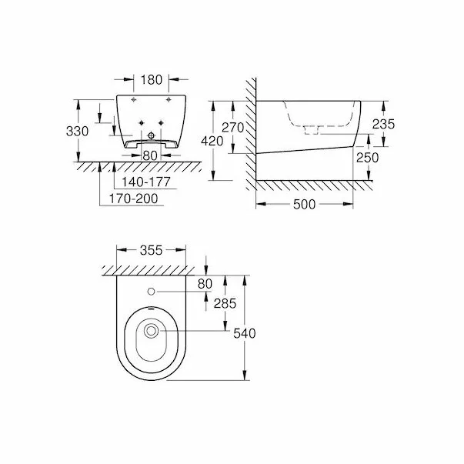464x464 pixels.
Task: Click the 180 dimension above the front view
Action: [x=151, y=78]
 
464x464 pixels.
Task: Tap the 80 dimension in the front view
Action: [x=150, y=155]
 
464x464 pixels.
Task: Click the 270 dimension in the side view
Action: [x=232, y=127]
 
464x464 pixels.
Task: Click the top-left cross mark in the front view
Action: [x=134, y=102]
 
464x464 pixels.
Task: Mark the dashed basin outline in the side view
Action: [x=312, y=115]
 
